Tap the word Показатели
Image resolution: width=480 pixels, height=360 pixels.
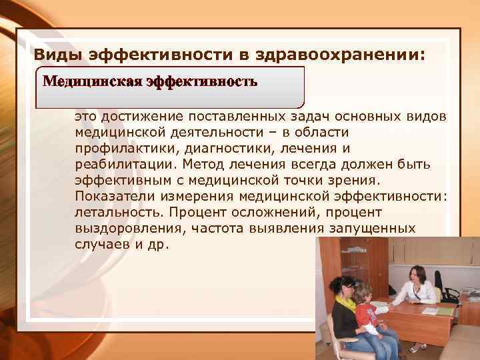[x=109, y=196]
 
